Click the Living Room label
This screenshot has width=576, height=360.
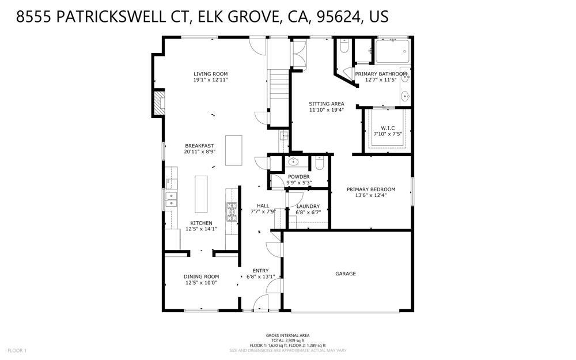[211, 74]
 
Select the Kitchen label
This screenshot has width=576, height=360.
[202, 223]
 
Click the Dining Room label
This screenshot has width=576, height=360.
[202, 276]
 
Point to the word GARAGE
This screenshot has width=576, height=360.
[346, 274]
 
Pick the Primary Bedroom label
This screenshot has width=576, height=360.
[371, 190]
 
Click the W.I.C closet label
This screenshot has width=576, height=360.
[387, 128]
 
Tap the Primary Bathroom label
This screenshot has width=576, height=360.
[381, 74]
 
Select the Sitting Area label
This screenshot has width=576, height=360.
[327, 104]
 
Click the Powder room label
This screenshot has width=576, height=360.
[299, 177]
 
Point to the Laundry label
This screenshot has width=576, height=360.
[308, 206]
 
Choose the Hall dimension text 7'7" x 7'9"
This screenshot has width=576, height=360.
[263, 211]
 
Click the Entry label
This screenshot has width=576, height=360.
[261, 270]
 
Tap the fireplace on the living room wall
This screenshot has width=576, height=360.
[158, 103]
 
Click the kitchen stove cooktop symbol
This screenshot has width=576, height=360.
[232, 212]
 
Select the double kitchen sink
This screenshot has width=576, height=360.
[170, 199]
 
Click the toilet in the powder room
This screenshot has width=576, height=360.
[320, 163]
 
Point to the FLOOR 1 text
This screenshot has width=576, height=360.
[17, 350]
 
